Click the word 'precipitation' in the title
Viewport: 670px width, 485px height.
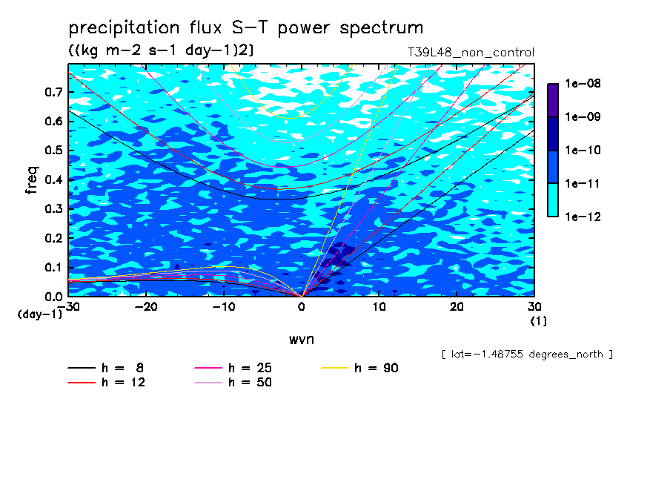pyautogui.click(x=124, y=28)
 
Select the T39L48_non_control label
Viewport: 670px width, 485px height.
pyautogui.click(x=471, y=53)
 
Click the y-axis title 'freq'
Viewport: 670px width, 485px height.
pyautogui.click(x=32, y=180)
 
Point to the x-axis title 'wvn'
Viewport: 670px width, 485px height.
pyautogui.click(x=302, y=340)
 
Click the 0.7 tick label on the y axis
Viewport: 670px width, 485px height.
pyautogui.click(x=53, y=92)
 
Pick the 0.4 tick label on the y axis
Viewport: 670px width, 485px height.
pyautogui.click(x=53, y=179)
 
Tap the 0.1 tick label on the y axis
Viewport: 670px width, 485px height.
pyautogui.click(x=53, y=267)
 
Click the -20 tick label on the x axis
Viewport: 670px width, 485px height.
pyautogui.click(x=146, y=307)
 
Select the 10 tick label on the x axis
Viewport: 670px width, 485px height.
pyautogui.click(x=379, y=307)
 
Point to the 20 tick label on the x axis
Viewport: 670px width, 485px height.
pyautogui.click(x=457, y=307)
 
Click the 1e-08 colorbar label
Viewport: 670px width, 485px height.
pyautogui.click(x=583, y=83)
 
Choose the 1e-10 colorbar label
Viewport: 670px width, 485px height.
pyautogui.click(x=583, y=150)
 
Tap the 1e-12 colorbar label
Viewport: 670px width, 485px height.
pyautogui.click(x=583, y=217)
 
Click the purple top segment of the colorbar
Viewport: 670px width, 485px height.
pyautogui.click(x=553, y=100)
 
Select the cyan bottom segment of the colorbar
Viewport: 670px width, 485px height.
pyautogui.click(x=553, y=200)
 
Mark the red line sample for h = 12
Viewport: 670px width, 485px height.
pyautogui.click(x=82, y=383)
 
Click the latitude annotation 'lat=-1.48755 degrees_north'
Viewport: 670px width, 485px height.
pyautogui.click(x=527, y=354)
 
